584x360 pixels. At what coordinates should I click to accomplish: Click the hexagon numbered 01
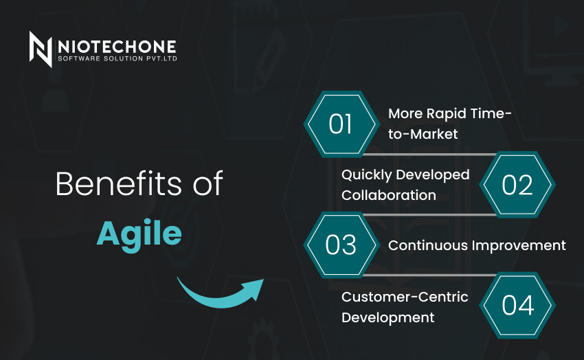point(341,124)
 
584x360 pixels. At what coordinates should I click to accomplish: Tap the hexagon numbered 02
point(517,185)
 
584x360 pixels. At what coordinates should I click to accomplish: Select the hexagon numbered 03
point(341,245)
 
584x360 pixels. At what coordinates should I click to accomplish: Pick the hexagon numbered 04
point(517,305)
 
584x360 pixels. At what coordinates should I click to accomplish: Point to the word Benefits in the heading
point(119,183)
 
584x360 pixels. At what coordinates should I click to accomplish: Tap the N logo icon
point(41,49)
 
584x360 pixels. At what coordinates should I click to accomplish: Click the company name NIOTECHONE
point(117,47)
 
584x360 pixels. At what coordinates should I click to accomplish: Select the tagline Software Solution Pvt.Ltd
point(117,58)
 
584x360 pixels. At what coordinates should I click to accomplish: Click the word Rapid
point(446,114)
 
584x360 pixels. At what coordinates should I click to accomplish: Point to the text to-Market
point(423,134)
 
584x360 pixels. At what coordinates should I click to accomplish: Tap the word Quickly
point(366,175)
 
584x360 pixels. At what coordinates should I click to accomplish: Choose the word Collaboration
point(389,195)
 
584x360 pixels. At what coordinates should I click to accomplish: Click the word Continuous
point(428,245)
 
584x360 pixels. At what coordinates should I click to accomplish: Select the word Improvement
point(519,246)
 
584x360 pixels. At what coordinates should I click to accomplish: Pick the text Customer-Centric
point(405,297)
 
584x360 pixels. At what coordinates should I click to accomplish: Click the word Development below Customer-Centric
point(388,318)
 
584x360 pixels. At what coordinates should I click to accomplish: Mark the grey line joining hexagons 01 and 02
point(430,154)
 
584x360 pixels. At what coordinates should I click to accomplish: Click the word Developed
point(432,175)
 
